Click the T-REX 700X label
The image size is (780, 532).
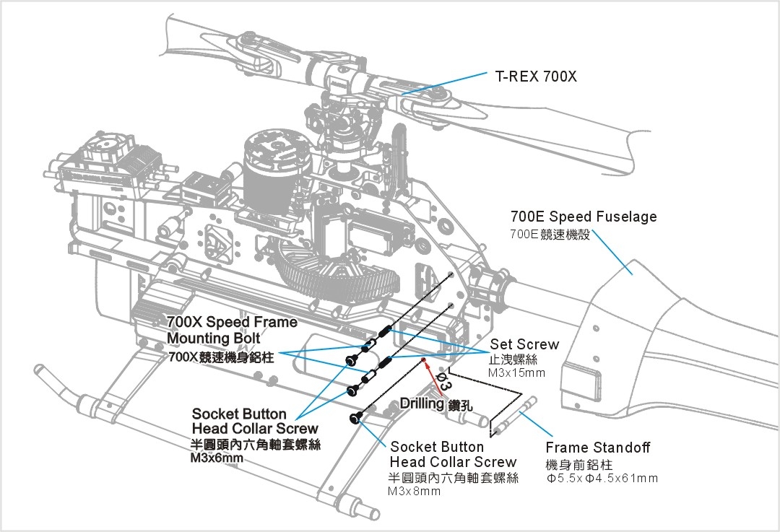click(536, 76)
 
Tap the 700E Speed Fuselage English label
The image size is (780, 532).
click(584, 217)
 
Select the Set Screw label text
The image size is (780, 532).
click(524, 344)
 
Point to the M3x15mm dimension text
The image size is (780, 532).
click(517, 372)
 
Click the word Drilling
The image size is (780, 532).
click(422, 404)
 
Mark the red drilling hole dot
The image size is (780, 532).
click(424, 358)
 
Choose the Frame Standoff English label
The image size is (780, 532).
click(597, 448)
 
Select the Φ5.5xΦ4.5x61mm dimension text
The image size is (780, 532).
click(602, 478)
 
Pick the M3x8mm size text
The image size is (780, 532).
click(414, 492)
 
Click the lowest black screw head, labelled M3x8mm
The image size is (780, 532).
click(356, 418)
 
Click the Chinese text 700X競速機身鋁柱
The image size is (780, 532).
click(221, 357)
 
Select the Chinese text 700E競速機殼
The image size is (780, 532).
click(550, 235)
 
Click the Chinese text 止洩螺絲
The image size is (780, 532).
click(513, 359)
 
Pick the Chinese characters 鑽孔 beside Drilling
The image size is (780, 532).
click(460, 405)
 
